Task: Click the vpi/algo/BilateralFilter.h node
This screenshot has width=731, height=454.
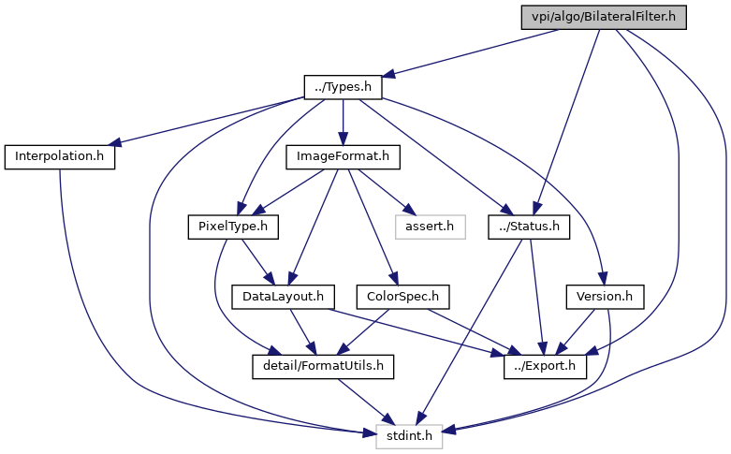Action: pyautogui.click(x=604, y=17)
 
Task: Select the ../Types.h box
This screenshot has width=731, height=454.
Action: pyautogui.click(x=343, y=87)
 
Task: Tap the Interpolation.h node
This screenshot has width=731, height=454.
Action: pyautogui.click(x=60, y=157)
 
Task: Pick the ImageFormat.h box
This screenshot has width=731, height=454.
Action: pyautogui.click(x=343, y=157)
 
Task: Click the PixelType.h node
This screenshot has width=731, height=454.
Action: pyautogui.click(x=233, y=227)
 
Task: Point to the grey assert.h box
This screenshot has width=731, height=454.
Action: pyautogui.click(x=430, y=227)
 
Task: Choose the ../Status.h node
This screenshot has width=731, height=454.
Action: pyautogui.click(x=529, y=227)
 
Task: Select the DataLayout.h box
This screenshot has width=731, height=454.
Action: pyautogui.click(x=283, y=297)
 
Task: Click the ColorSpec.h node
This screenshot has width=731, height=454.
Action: pyautogui.click(x=402, y=297)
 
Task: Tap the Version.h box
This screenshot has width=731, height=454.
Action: pyautogui.click(x=605, y=297)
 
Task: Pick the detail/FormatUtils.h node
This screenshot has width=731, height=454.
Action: pyautogui.click(x=323, y=367)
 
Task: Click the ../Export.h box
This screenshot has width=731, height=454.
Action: pyautogui.click(x=545, y=367)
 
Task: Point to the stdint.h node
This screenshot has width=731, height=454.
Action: pyautogui.click(x=409, y=437)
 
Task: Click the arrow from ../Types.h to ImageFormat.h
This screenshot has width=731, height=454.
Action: pyautogui.click(x=343, y=122)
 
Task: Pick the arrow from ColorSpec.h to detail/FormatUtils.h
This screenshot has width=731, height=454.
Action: pyautogui.click(x=363, y=332)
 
